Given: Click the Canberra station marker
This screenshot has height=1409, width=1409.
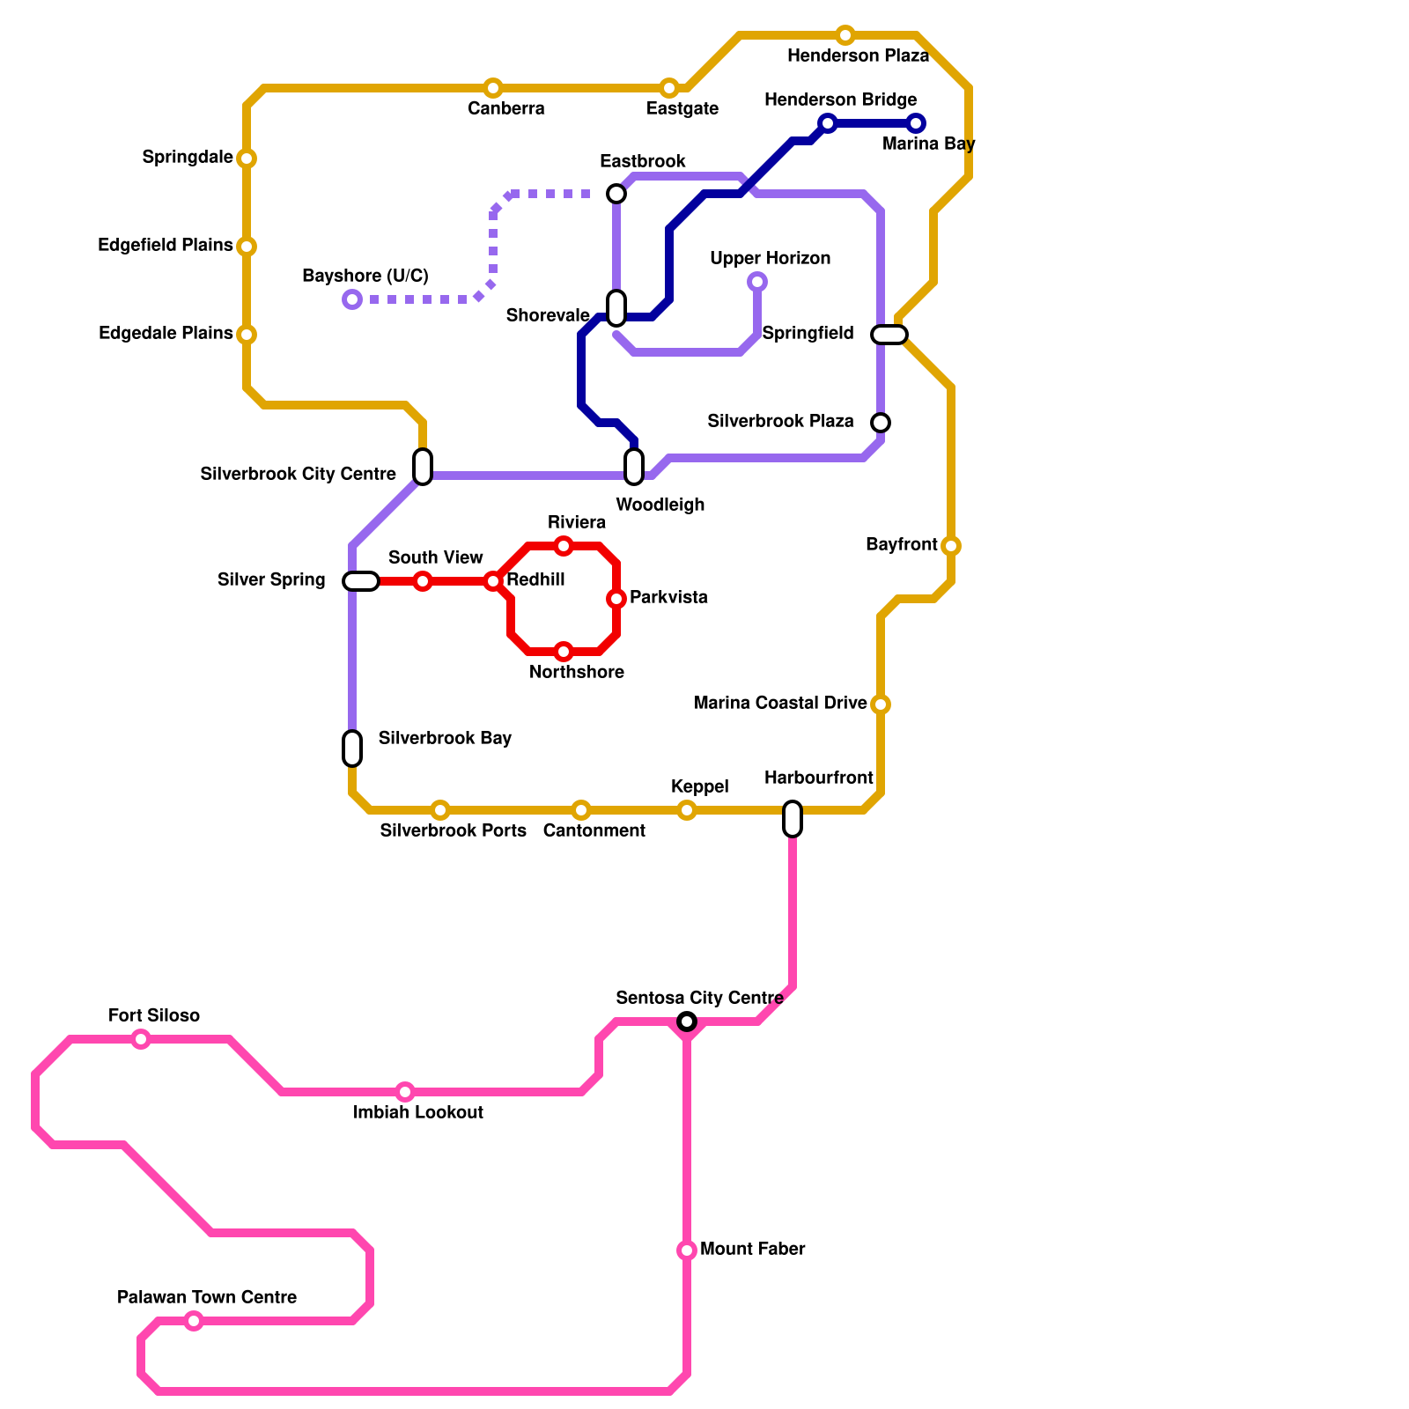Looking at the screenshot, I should click(493, 88).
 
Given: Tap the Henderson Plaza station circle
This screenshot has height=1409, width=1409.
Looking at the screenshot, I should click(845, 35).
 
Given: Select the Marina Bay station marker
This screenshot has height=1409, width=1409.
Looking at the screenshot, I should click(916, 123).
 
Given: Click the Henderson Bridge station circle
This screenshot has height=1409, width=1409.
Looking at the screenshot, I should click(827, 123).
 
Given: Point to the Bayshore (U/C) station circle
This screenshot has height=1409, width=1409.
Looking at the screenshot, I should click(352, 299).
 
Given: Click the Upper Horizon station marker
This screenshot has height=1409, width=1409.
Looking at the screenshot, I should click(757, 282).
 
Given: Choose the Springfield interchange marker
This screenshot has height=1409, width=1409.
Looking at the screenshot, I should click(889, 335).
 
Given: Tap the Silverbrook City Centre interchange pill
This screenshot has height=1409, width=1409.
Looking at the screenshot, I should click(423, 467).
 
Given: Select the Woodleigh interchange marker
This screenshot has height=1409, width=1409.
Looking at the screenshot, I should click(634, 467).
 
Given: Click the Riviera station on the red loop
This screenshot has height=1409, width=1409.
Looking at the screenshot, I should click(564, 546).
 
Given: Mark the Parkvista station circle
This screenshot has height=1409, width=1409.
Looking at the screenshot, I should click(616, 599).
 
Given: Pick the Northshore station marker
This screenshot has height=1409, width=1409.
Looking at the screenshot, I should click(564, 652).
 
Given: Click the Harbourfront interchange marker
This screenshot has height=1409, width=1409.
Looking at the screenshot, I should click(793, 819).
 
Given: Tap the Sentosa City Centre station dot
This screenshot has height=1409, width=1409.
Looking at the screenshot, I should click(687, 1022).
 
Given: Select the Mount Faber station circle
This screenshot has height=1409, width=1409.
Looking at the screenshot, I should click(687, 1250).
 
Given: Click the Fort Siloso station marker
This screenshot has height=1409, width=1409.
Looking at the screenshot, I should click(141, 1039).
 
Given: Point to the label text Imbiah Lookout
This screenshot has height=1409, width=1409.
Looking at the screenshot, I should click(418, 1112).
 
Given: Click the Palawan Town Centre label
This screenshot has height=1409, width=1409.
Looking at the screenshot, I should click(207, 1297).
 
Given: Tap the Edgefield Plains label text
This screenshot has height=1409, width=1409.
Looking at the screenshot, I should click(166, 246).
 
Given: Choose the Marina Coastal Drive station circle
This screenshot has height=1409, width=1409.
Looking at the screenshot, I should click(881, 704).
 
